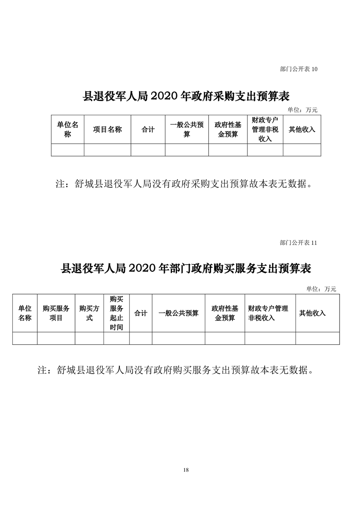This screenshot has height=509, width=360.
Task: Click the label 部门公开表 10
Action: [299, 69]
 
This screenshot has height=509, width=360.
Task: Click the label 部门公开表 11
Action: [298, 243]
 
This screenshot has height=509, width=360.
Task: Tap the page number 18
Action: [186, 470]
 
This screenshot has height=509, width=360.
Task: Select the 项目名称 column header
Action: [107, 129]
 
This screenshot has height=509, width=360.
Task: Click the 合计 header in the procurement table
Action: [148, 129]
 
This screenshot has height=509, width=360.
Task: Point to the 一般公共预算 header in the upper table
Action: [187, 129]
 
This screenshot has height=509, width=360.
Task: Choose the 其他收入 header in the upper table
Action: [302, 129]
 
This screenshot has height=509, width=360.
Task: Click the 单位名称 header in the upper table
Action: [68, 129]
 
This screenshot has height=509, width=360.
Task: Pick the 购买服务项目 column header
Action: [56, 313]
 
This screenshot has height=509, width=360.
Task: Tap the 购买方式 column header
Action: [89, 313]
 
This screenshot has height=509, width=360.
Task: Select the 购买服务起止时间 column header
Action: [116, 313]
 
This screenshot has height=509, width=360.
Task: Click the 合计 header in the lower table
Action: [141, 313]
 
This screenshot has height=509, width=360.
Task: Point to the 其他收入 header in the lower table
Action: [312, 313]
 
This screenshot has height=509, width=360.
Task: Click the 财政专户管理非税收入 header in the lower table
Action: [268, 313]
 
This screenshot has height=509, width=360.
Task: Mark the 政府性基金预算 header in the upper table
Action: [228, 129]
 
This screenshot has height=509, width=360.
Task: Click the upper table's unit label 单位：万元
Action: [302, 110]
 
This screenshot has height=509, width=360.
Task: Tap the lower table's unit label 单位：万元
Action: [321, 289]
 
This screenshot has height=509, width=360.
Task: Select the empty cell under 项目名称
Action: [108, 150]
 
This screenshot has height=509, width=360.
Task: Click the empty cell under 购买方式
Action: [89, 338]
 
